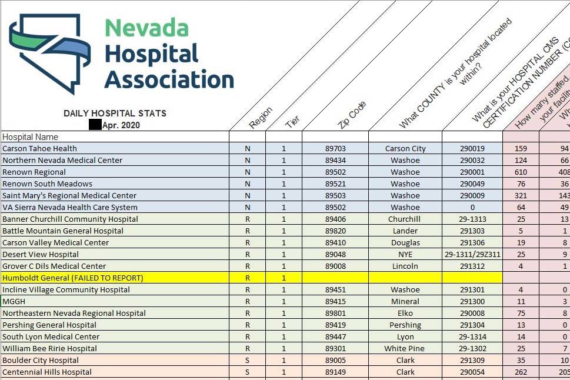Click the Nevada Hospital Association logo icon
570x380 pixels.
[49, 52]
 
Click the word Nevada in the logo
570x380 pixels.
[146, 28]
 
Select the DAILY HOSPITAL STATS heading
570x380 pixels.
[115, 114]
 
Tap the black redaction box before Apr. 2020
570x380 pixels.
[95, 125]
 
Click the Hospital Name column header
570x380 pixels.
[31, 137]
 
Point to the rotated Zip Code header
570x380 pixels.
[352, 115]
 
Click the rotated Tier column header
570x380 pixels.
[292, 122]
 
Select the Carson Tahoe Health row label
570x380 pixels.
[39, 149]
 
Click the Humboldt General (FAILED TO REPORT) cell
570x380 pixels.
[73, 278]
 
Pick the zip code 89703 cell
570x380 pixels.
[335, 149]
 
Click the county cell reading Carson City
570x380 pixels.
[405, 149]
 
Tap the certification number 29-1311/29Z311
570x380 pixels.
[472, 255]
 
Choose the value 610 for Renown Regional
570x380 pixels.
[521, 172]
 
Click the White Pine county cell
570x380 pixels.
[405, 349]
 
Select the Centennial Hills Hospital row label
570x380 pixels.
[47, 372]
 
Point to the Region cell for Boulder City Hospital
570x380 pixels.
[248, 361]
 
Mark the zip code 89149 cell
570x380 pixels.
[335, 372]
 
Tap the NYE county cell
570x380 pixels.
[405, 255]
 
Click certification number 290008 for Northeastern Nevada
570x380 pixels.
[472, 314]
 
